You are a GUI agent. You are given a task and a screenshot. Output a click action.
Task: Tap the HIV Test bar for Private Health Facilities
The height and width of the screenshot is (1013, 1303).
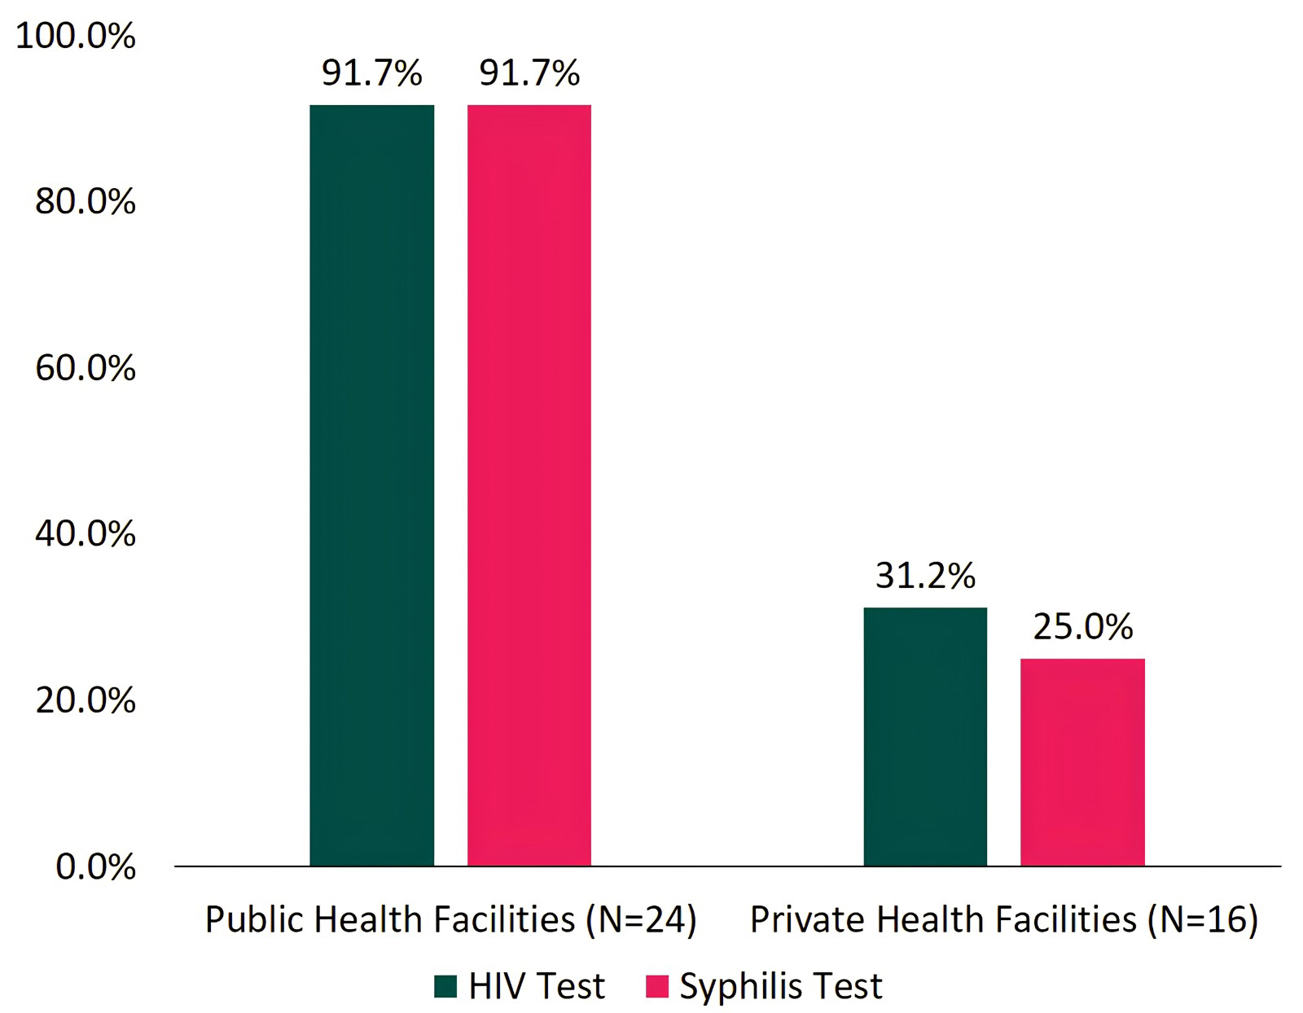point(925,736)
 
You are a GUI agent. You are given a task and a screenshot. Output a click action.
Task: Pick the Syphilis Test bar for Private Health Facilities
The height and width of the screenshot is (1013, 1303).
point(1082,761)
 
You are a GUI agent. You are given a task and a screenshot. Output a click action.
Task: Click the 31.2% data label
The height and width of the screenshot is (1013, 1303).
point(925,577)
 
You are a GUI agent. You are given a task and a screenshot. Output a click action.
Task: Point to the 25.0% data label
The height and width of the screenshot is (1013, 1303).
point(1082,627)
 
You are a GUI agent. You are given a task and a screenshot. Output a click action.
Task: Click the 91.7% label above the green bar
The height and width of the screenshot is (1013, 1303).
point(371,73)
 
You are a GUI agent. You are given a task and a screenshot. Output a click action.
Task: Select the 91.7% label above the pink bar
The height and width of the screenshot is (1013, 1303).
point(529,73)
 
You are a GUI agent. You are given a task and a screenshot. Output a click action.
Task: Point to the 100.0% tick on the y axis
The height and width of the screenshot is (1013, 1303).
point(76,37)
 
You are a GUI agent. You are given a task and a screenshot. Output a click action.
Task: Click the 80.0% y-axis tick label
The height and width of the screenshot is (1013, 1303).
point(85,202)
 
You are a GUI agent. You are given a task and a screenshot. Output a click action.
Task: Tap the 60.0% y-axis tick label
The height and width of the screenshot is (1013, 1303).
point(85,368)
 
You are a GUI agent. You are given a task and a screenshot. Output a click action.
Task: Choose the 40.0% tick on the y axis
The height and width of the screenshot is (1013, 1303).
point(85,534)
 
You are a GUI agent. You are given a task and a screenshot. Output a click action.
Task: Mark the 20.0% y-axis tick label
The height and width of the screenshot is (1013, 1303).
point(85,700)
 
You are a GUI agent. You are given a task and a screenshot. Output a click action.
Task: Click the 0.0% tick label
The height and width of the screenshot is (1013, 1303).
point(95,866)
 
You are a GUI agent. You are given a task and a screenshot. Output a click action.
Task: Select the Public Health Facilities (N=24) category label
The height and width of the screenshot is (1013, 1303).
point(450,919)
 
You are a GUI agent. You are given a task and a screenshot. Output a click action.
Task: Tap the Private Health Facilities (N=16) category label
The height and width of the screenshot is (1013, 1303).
point(1003,919)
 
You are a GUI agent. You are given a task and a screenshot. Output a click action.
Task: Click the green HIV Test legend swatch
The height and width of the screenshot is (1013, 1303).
point(445,986)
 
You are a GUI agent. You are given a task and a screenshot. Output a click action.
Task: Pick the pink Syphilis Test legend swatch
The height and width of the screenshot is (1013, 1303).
point(656,986)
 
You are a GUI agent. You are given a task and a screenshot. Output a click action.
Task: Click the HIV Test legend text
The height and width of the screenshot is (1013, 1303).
point(537,986)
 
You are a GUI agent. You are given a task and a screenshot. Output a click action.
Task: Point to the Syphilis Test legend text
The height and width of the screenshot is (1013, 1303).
point(780,986)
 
